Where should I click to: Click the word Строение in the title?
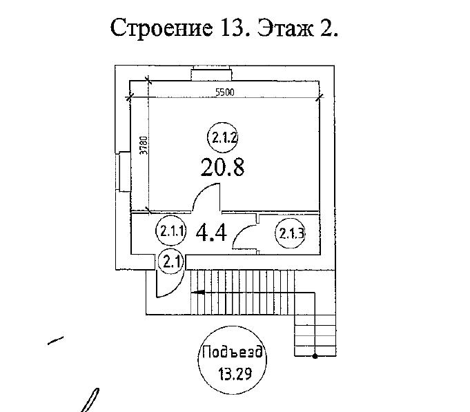(161, 28)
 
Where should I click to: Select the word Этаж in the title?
(286, 28)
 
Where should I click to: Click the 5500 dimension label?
(225, 92)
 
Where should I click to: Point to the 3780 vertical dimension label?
(144, 146)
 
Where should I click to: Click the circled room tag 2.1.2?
(224, 138)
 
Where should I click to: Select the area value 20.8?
(222, 167)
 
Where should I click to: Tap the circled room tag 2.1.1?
(171, 231)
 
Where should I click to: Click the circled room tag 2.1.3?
(291, 233)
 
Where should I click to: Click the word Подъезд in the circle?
(233, 351)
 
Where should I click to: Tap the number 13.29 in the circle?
(235, 373)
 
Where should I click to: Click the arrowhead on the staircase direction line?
(199, 292)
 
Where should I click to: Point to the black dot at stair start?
(315, 356)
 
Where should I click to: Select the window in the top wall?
(211, 73)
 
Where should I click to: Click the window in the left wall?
(124, 172)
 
